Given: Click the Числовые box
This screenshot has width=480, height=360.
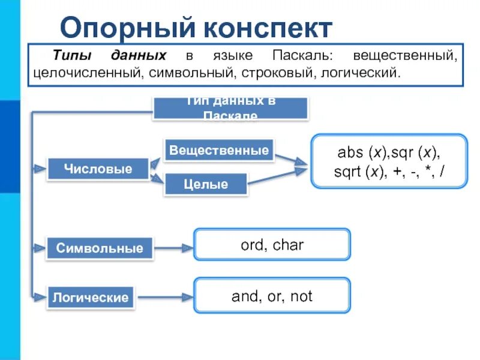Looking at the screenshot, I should [98, 169].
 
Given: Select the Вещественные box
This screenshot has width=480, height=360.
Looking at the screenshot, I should [218, 151].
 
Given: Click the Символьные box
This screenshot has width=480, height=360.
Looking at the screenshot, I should [100, 248].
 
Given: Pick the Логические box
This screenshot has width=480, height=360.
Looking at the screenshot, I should [91, 298].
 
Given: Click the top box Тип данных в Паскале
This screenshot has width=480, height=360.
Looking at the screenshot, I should [230, 109].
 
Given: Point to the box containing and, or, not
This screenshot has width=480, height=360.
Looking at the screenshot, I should [272, 296].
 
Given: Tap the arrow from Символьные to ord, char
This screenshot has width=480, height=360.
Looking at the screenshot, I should [173, 247].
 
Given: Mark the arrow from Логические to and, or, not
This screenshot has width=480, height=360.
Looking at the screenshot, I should [164, 297].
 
